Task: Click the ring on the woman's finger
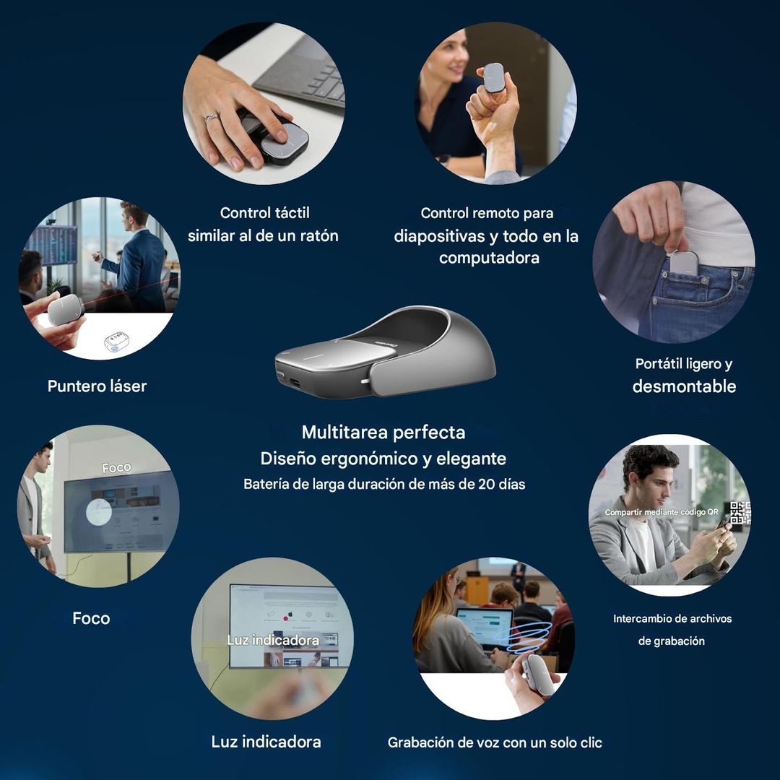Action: click(x=211, y=118)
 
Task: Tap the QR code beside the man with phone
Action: click(x=740, y=513)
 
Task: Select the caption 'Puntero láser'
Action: click(x=97, y=386)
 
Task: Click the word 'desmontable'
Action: click(x=684, y=386)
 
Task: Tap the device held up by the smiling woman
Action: click(x=493, y=77)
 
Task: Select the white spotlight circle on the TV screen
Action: click(x=98, y=512)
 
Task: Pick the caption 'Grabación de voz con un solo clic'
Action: click(x=495, y=742)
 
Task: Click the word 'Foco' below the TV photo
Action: click(x=91, y=618)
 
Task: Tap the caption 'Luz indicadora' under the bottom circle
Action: click(x=266, y=742)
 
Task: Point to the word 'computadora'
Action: click(x=489, y=258)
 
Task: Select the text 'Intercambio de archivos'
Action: click(x=672, y=619)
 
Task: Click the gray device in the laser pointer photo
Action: click(x=65, y=309)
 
